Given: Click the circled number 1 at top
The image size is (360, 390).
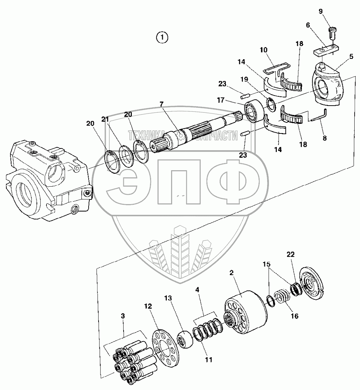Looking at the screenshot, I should pyautogui.click(x=162, y=37).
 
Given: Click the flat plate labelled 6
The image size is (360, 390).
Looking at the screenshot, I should pyautogui.click(x=326, y=50).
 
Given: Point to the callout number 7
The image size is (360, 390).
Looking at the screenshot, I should pyautogui.click(x=161, y=104).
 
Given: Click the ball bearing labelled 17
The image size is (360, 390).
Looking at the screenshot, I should pyautogui.click(x=254, y=110).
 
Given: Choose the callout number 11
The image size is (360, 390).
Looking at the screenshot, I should pyautogui.click(x=208, y=360).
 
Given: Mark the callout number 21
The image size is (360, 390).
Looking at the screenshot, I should pyautogui.click(x=105, y=120).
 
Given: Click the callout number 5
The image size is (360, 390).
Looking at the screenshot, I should pyautogui.click(x=351, y=56).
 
